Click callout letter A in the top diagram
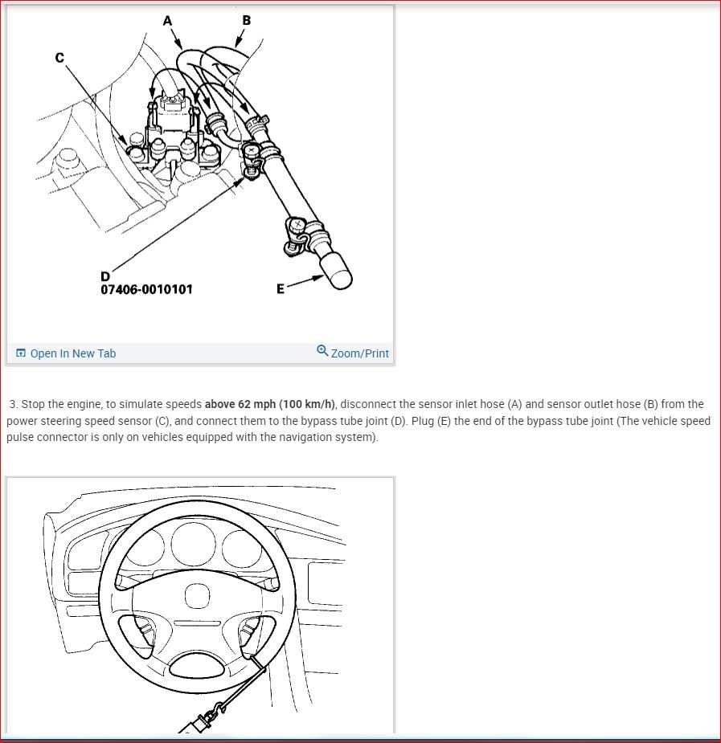click(167, 21)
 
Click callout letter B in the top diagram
click(246, 20)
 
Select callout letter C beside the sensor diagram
click(59, 58)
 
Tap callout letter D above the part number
click(105, 276)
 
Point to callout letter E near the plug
click(280, 289)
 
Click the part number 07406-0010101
click(146, 289)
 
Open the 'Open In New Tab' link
click(73, 353)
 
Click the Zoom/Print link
click(359, 353)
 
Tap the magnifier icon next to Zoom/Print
click(322, 351)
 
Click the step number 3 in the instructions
click(13, 404)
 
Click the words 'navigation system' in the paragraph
click(336, 437)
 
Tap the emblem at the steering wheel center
click(197, 596)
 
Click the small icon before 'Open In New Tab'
click(21, 353)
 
